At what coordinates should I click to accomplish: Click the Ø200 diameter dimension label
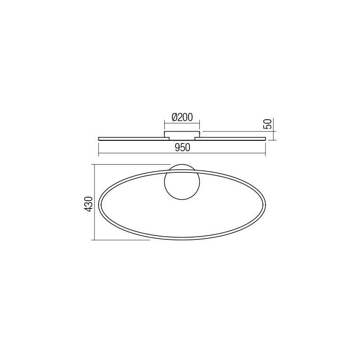[182, 117]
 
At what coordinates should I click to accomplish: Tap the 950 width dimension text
[183, 148]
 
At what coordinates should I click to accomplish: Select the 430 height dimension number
[88, 204]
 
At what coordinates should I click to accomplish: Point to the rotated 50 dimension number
[268, 124]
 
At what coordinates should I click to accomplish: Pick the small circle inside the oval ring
[182, 182]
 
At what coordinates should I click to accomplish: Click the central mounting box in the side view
[182, 135]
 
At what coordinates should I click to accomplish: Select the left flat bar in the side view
[134, 139]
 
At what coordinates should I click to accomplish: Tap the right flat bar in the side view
[230, 139]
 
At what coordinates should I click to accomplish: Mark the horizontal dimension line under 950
[182, 153]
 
